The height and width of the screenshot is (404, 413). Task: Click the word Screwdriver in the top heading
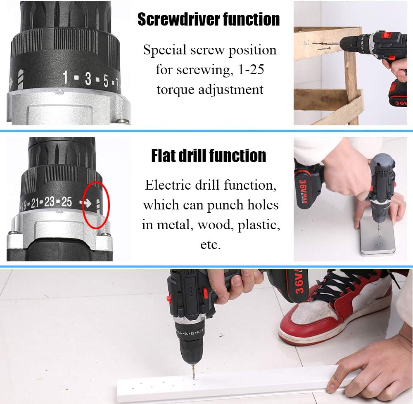point(178,19)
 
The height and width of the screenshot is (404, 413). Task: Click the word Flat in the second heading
point(164,155)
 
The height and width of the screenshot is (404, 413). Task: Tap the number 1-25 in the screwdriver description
point(251,70)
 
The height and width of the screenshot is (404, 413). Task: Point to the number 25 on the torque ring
point(66,202)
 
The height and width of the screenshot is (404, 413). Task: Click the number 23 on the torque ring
point(49,202)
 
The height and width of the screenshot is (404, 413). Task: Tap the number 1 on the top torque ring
point(65,77)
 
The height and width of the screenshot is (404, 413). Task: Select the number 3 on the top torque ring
point(88,78)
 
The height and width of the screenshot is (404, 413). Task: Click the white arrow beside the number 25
point(85,203)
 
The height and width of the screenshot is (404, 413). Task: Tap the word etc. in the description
point(211,245)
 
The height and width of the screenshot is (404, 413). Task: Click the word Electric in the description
point(168,186)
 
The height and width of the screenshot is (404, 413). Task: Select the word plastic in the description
point(259,225)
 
